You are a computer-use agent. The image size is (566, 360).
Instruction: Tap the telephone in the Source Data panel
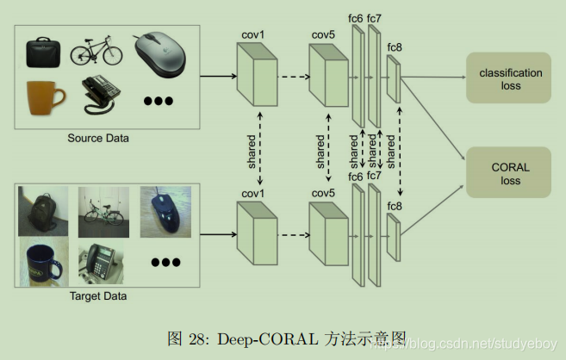click(x=99, y=96)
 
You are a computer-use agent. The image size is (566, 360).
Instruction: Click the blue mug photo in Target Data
click(x=43, y=263)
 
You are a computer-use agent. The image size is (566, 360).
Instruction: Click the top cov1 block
click(x=257, y=76)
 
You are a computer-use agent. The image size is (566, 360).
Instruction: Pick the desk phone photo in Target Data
click(x=102, y=263)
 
